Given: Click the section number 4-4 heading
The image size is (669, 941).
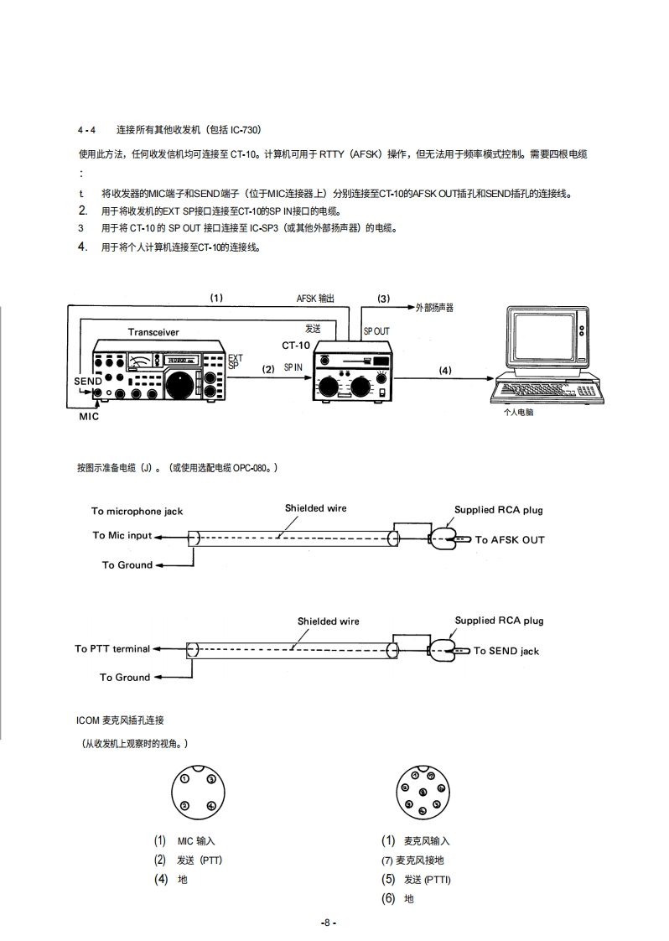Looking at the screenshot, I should [x=86, y=130].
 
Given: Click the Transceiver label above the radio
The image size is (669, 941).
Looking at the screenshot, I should [x=153, y=332].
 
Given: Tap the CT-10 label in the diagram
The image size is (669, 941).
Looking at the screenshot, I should [x=295, y=345].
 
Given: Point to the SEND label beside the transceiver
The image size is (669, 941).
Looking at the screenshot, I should [x=87, y=381].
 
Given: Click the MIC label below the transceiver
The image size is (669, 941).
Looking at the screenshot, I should [x=89, y=417].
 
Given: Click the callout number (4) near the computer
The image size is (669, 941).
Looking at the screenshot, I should [x=444, y=370].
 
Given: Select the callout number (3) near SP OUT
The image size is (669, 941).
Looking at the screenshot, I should [x=383, y=299].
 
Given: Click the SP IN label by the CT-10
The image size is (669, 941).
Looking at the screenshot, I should [x=293, y=367].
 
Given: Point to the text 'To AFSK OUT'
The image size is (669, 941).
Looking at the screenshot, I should [x=510, y=540].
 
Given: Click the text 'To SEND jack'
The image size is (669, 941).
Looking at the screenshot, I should [x=506, y=651].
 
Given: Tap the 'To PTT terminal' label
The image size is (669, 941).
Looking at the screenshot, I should [x=112, y=648].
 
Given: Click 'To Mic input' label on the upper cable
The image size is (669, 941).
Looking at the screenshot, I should [x=122, y=535].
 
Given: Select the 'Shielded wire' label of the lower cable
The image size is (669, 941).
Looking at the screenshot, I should [x=328, y=621].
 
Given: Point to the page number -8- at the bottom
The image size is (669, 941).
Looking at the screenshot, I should [x=328, y=923].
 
